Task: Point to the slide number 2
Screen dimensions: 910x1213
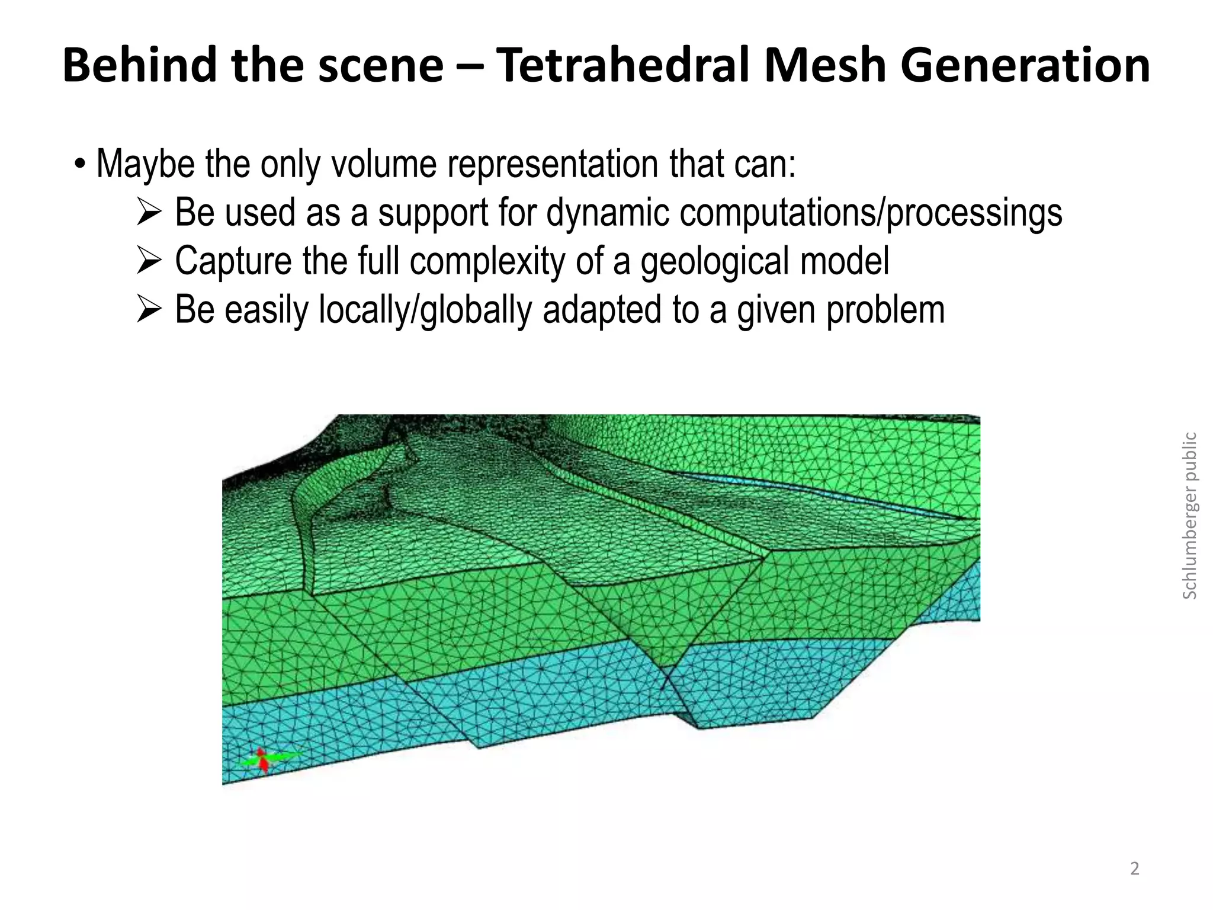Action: [1134, 869]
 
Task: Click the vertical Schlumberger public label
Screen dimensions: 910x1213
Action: [1189, 515]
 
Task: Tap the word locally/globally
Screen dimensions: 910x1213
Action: [425, 309]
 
